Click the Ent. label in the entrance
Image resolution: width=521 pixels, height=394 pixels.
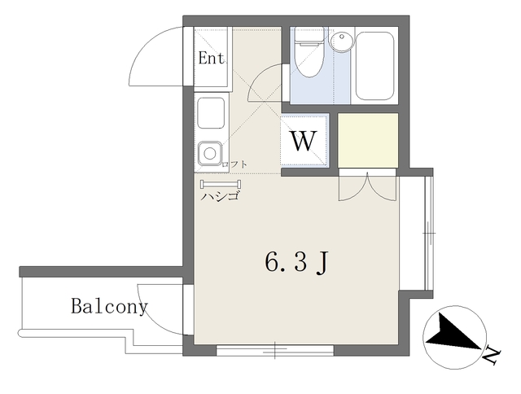(212, 59)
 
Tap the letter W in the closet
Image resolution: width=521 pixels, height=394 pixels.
(304, 141)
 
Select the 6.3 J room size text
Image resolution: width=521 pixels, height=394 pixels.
(296, 262)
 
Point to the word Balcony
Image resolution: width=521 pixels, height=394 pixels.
(109, 307)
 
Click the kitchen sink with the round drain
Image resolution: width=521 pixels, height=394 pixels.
(210, 152)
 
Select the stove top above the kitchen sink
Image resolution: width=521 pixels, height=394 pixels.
(210, 112)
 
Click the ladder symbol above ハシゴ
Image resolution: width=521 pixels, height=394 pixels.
(221, 184)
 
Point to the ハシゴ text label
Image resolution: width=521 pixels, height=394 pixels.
(220, 198)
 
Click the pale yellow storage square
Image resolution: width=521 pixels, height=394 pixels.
(368, 139)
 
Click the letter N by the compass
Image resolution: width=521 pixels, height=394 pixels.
(491, 354)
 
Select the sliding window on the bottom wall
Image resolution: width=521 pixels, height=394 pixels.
(275, 351)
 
